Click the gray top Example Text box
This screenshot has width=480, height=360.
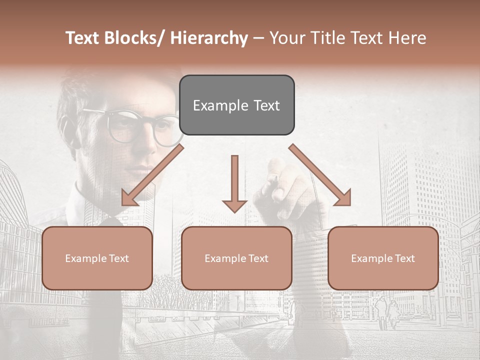(236, 105)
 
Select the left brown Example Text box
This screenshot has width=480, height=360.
(97, 258)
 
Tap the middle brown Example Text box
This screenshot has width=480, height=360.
(236, 258)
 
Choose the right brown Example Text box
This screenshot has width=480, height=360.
(383, 258)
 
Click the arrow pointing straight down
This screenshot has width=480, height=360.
(234, 183)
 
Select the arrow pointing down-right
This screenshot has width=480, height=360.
(320, 175)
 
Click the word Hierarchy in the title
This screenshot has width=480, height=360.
(209, 38)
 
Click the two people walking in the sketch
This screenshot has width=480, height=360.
(387, 310)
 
